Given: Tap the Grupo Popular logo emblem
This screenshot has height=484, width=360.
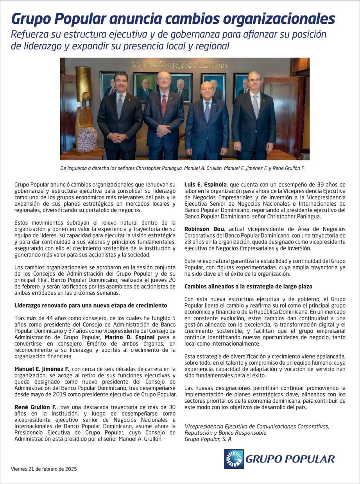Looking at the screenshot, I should [234, 459].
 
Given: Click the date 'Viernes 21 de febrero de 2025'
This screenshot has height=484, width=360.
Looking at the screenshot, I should [44, 469].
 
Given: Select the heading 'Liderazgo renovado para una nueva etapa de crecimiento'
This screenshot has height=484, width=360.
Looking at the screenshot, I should [91, 305].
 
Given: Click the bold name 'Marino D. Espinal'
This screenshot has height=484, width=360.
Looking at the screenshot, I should [129, 337].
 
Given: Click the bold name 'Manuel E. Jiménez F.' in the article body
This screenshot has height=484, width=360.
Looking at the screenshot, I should [42, 369].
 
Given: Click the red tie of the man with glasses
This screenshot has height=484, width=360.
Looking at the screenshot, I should [164, 105].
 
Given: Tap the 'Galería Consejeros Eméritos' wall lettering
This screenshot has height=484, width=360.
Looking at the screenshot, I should [179, 65].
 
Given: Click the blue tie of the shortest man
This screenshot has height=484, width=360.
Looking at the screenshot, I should [207, 111].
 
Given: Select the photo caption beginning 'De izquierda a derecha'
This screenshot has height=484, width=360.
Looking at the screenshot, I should [182, 168].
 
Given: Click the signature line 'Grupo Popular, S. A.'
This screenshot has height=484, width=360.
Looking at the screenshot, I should [208, 439].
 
